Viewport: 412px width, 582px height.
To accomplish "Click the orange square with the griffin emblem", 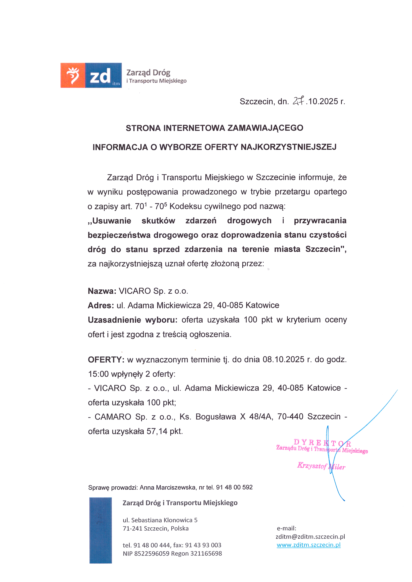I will tap(73, 75).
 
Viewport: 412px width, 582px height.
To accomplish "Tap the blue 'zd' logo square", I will tap(103, 75).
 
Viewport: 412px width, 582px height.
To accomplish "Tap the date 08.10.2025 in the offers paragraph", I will tap(283, 359).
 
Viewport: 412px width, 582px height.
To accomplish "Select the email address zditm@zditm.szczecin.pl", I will tap(310, 537).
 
